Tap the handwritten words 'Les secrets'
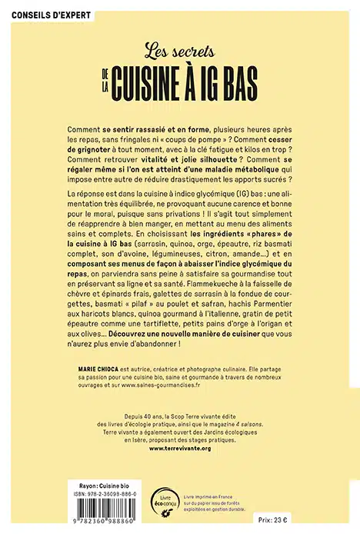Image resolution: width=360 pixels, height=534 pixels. click(x=179, y=53)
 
